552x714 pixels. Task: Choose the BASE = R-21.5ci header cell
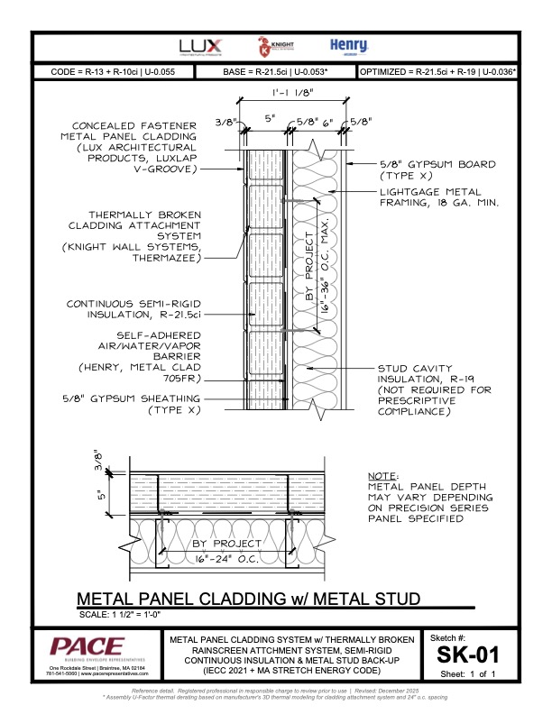tap(275, 71)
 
